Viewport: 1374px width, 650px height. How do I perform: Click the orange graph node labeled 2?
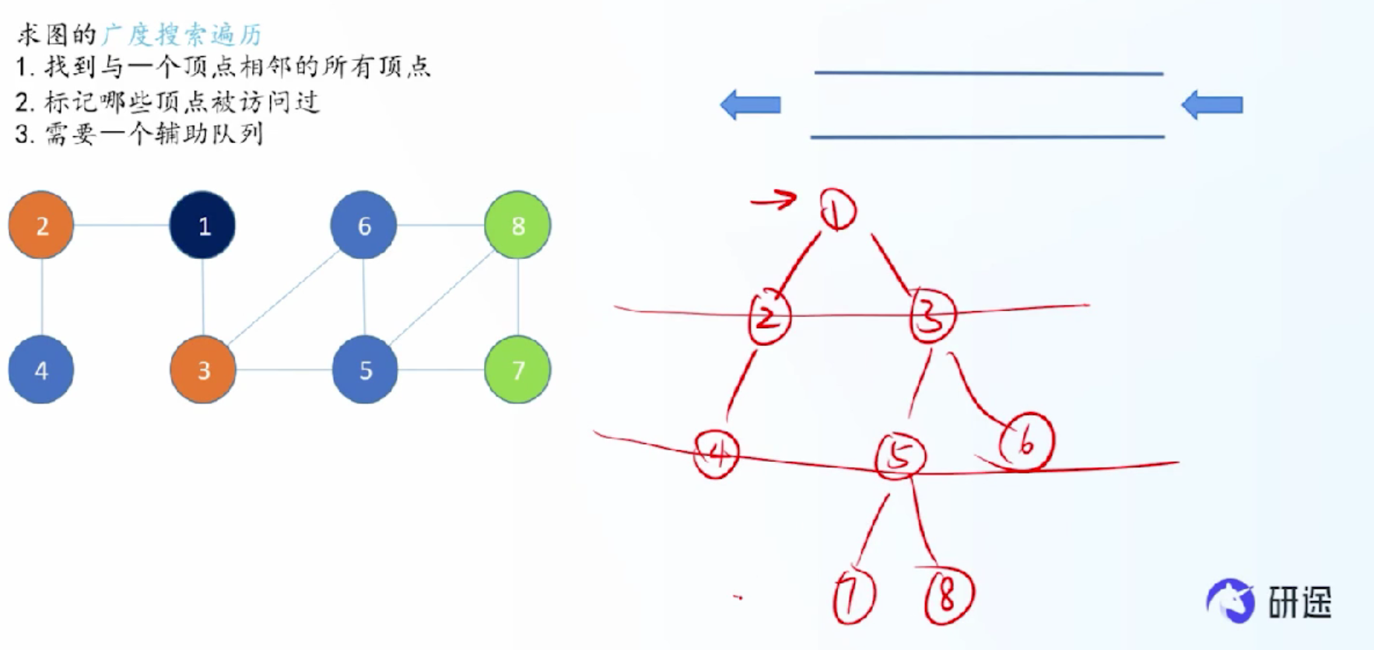pyautogui.click(x=41, y=225)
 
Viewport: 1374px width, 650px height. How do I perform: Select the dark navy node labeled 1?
pyautogui.click(x=202, y=225)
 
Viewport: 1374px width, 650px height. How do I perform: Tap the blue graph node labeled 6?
pyautogui.click(x=363, y=225)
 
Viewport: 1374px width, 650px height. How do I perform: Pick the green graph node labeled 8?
pyautogui.click(x=517, y=225)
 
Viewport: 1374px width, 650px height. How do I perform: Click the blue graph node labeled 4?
pyautogui.click(x=41, y=370)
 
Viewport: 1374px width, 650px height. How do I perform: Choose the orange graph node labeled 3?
pyautogui.click(x=203, y=370)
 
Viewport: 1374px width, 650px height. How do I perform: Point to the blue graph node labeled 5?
pyautogui.click(x=365, y=370)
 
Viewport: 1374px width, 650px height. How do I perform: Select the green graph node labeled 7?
pyautogui.click(x=517, y=370)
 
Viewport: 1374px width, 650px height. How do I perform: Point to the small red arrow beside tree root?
pyautogui.click(x=774, y=201)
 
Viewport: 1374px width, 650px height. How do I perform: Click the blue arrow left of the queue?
pyautogui.click(x=751, y=104)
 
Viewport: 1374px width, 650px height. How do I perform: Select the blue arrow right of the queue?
pyautogui.click(x=1212, y=104)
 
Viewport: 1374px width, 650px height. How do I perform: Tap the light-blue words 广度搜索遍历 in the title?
pyautogui.click(x=182, y=34)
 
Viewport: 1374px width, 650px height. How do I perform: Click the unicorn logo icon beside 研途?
pyautogui.click(x=1231, y=600)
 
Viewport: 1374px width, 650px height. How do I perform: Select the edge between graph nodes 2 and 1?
pyautogui.click(x=122, y=225)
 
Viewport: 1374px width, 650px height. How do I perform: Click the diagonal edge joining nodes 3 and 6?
pyautogui.click(x=283, y=298)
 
